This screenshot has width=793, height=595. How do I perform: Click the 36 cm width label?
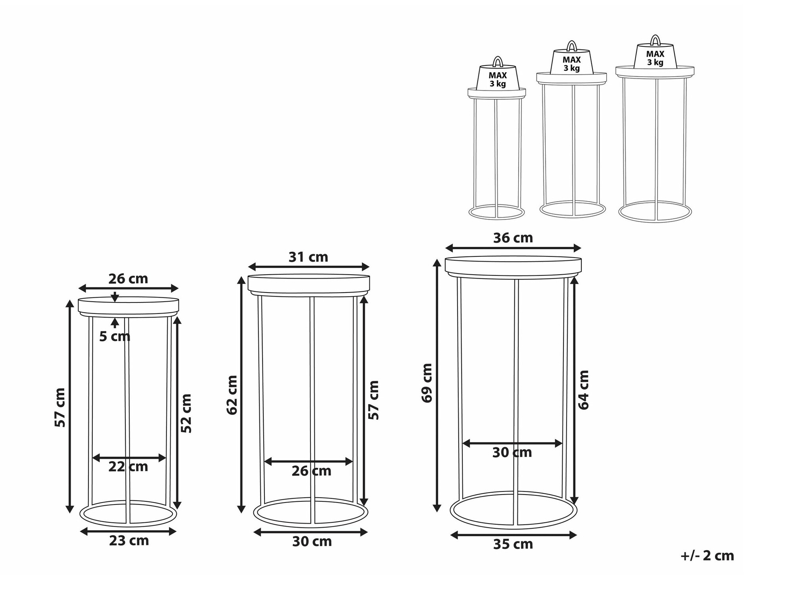[x=513, y=238]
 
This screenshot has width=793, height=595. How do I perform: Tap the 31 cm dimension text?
[x=308, y=257]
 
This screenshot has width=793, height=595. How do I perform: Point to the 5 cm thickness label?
[x=115, y=337]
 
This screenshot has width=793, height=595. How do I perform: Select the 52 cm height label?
[x=186, y=413]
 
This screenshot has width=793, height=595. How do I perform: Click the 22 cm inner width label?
[x=128, y=466]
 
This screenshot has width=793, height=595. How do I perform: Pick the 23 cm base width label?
[x=129, y=541]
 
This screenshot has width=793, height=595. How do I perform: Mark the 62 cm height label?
[x=232, y=395]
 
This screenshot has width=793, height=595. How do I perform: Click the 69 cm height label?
[x=427, y=383]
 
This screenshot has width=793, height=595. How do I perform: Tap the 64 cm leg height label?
[x=584, y=390]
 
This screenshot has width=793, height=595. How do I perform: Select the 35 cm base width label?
[x=513, y=544]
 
